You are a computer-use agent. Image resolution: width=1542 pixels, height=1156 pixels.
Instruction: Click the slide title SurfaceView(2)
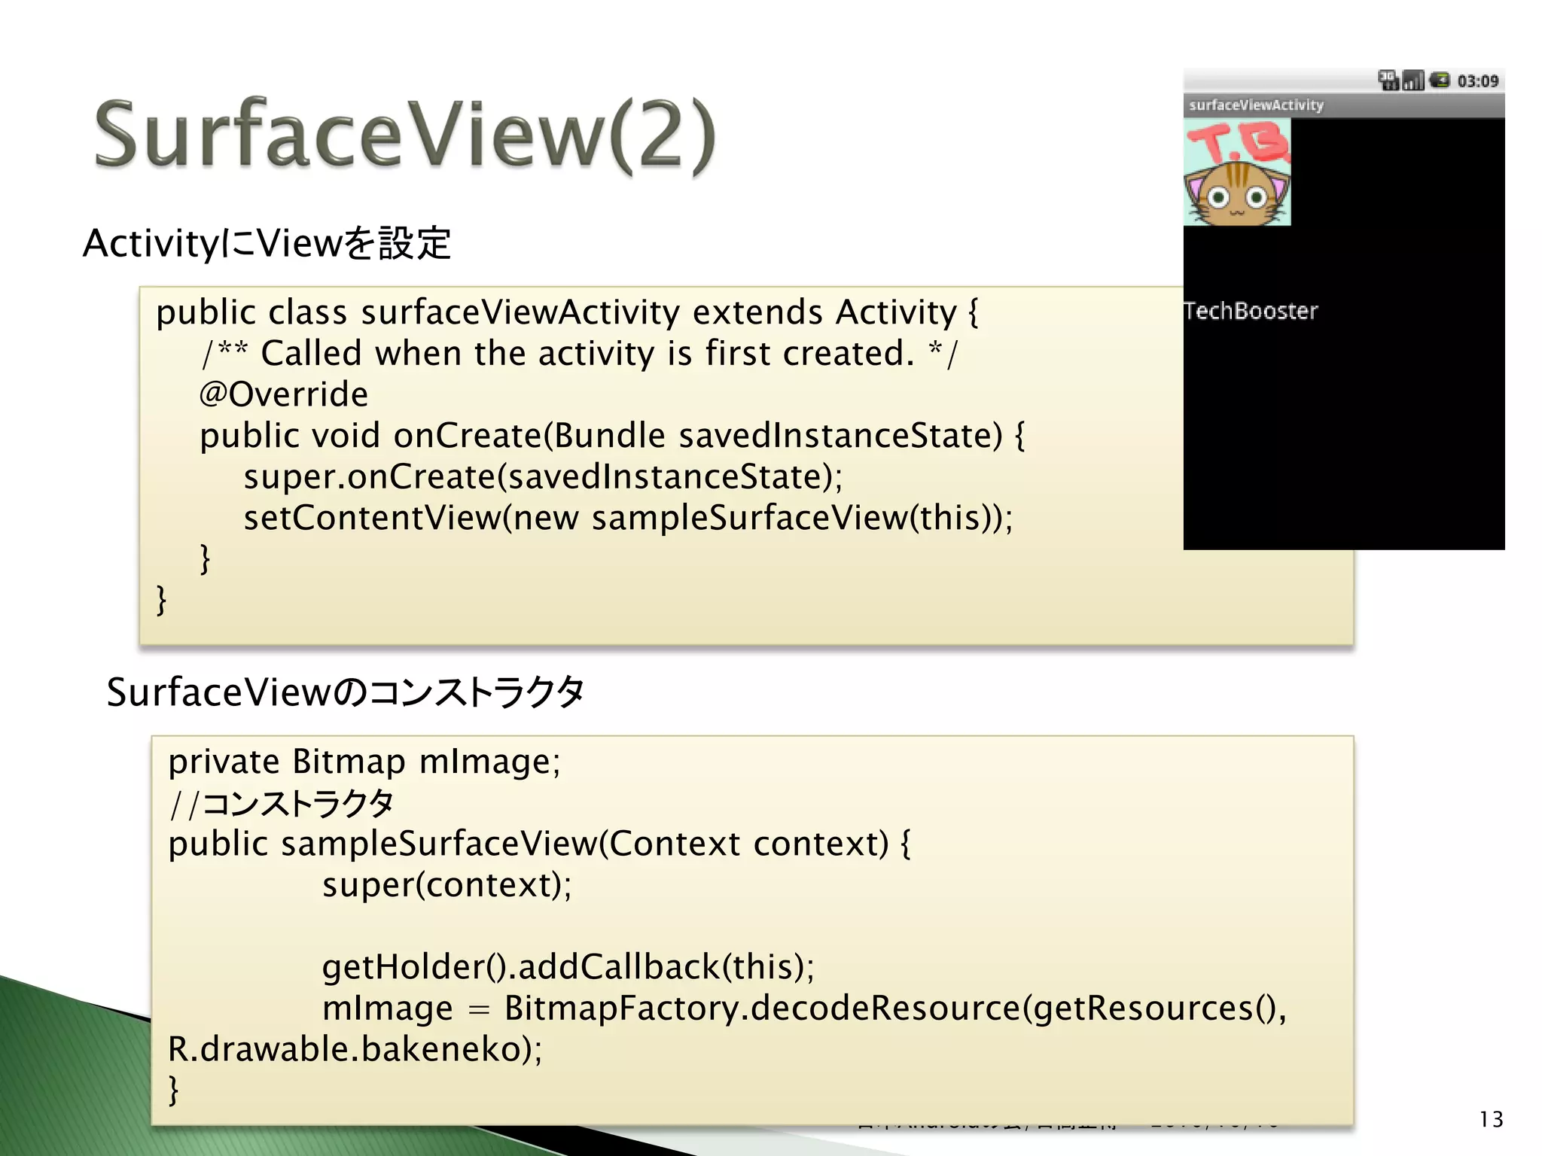[405, 135]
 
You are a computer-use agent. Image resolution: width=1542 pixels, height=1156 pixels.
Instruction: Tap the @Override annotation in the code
[284, 394]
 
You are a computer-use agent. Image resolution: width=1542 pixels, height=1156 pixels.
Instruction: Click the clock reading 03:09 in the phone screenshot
[1477, 81]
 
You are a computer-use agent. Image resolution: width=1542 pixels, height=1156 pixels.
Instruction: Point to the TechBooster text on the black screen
[1251, 311]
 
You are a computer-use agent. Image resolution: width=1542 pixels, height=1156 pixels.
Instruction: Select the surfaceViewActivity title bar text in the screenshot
[1256, 105]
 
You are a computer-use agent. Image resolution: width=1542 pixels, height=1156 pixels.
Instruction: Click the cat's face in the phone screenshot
[1236, 195]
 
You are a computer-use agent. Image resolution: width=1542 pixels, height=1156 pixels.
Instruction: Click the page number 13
[1491, 1119]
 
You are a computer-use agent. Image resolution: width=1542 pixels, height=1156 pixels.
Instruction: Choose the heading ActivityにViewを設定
[267, 243]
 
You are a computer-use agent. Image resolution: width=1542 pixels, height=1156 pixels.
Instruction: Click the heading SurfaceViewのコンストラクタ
[345, 692]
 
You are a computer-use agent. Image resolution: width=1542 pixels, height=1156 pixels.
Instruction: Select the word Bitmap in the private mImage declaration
[349, 762]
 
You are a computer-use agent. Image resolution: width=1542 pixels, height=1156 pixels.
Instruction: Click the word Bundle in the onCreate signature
[610, 436]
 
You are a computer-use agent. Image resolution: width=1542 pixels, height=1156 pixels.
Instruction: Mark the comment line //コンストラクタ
[281, 803]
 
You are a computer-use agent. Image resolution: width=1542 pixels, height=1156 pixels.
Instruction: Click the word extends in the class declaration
[757, 312]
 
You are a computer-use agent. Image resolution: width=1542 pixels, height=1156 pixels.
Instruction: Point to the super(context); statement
[446, 885]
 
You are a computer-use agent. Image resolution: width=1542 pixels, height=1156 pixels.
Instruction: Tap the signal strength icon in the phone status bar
[1413, 80]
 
